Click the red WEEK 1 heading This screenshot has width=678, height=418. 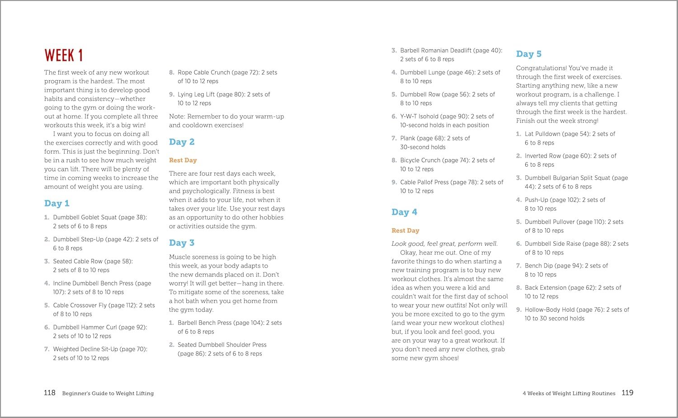pyautogui.click(x=63, y=55)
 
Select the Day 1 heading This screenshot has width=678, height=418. pyautogui.click(x=56, y=203)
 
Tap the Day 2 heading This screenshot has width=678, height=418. pyautogui.click(x=182, y=142)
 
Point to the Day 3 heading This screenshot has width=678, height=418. pyautogui.click(x=182, y=243)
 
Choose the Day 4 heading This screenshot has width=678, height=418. pyautogui.click(x=404, y=212)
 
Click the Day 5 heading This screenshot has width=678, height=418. pyautogui.click(x=528, y=54)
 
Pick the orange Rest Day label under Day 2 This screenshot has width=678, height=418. pyautogui.click(x=183, y=160)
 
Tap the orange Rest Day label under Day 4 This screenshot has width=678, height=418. pyautogui.click(x=405, y=230)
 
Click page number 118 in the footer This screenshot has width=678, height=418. pyautogui.click(x=50, y=393)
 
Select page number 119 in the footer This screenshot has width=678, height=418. pyautogui.click(x=627, y=393)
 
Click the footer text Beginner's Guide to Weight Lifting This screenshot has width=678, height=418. pyautogui.click(x=108, y=393)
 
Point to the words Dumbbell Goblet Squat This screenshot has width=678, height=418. pyautogui.click(x=85, y=217)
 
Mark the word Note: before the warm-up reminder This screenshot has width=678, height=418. pyautogui.click(x=177, y=117)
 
